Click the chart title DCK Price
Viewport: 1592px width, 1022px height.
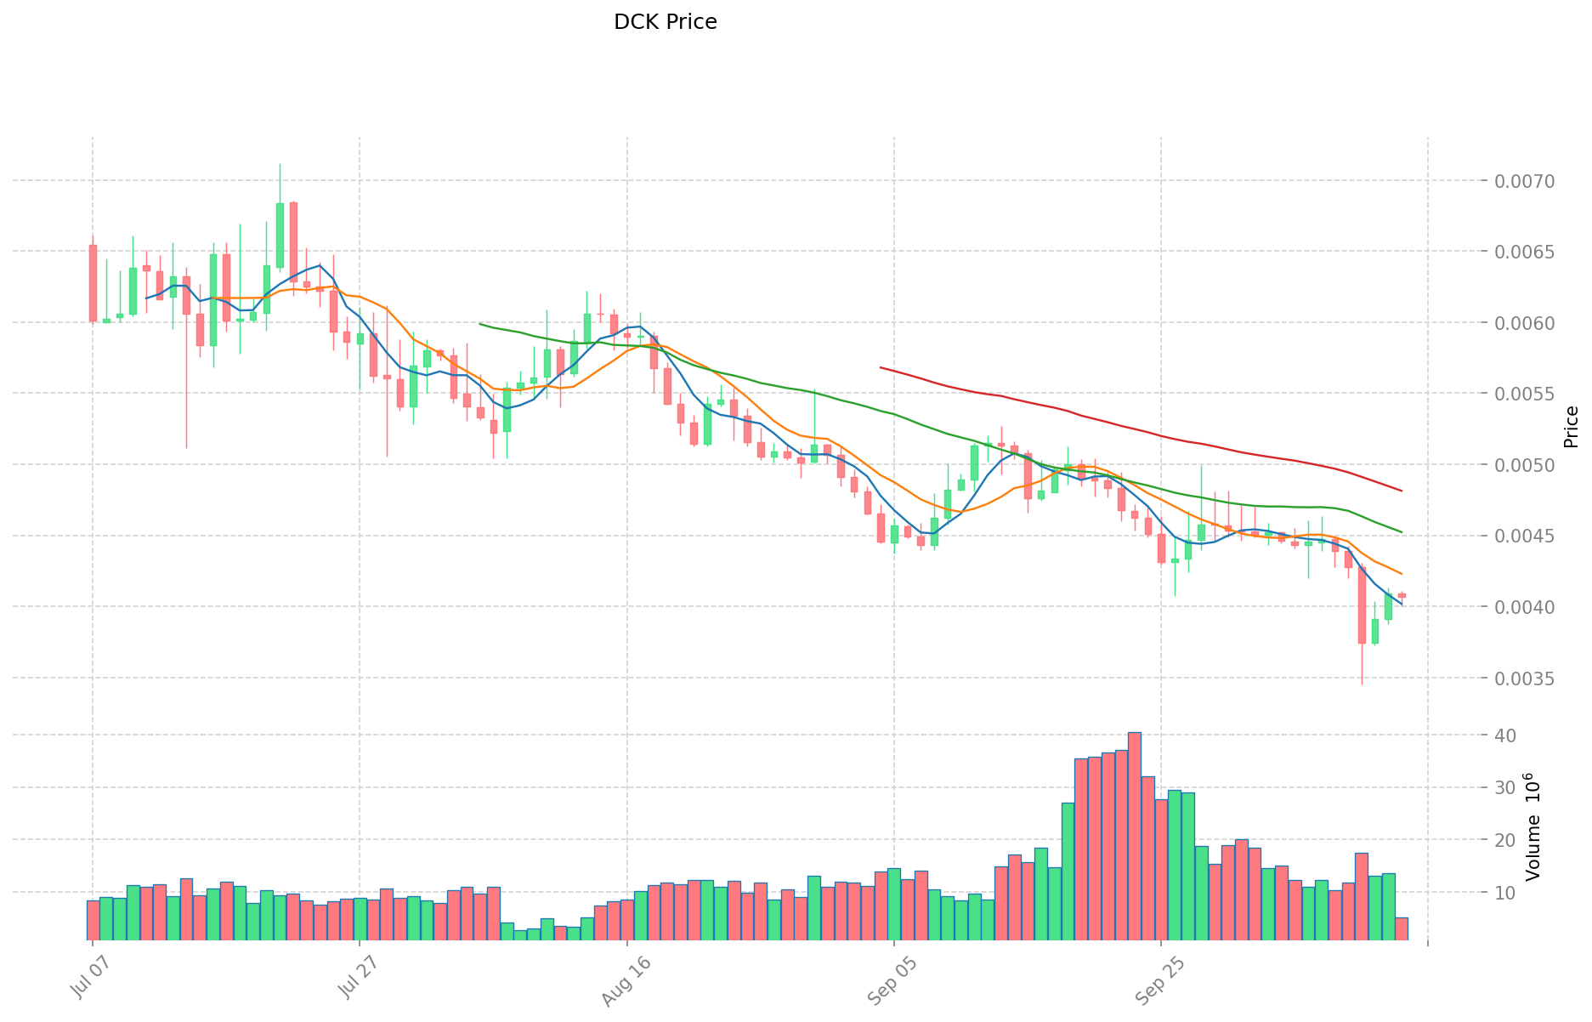[x=665, y=22]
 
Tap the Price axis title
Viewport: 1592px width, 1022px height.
[x=1571, y=427]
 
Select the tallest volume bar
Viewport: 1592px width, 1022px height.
[x=1134, y=836]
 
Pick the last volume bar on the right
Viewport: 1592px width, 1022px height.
[x=1402, y=928]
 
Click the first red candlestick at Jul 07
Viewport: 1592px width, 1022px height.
[x=93, y=283]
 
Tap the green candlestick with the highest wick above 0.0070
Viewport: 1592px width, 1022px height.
[x=280, y=236]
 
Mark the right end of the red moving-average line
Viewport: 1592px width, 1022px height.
[x=1401, y=491]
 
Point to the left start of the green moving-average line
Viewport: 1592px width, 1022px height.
[x=480, y=324]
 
